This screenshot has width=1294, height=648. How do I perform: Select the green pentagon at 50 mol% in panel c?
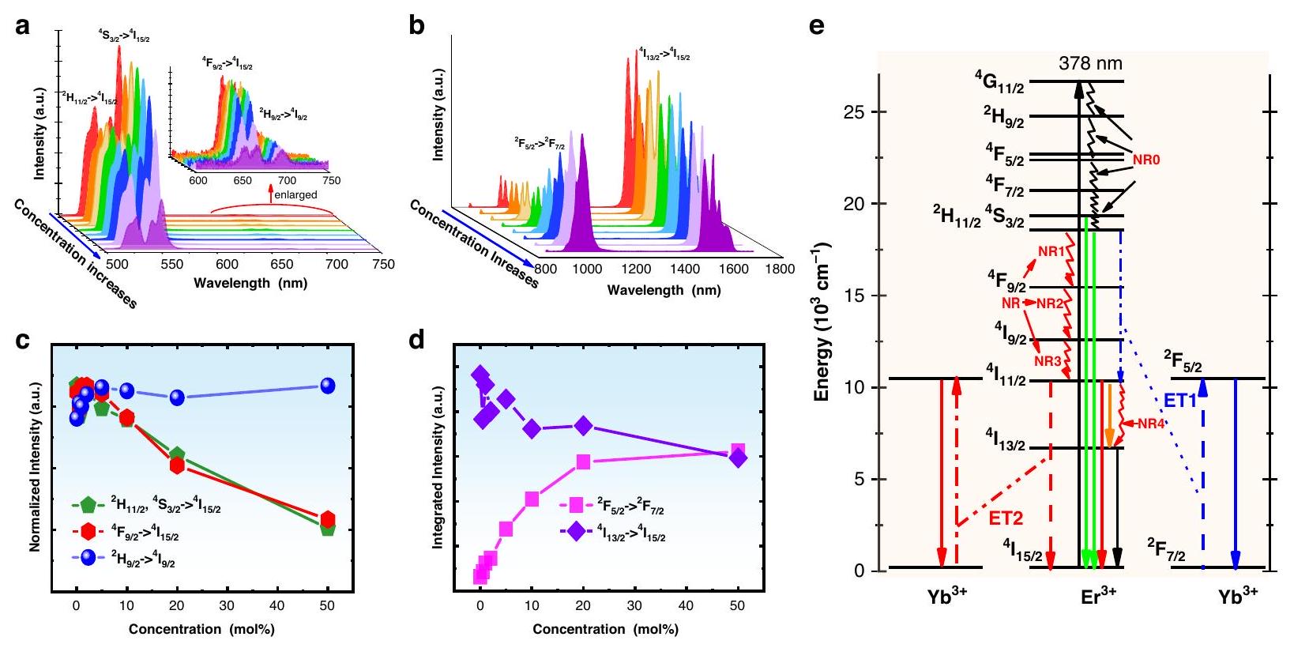(328, 528)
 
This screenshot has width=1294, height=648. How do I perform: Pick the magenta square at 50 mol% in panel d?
(738, 450)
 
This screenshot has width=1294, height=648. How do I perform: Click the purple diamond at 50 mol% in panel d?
(738, 458)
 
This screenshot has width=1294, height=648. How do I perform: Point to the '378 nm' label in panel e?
(1090, 64)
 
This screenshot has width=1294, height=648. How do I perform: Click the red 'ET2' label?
(1006, 518)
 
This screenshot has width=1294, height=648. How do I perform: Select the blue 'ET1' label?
(1180, 401)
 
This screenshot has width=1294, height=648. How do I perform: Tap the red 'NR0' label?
(1145, 160)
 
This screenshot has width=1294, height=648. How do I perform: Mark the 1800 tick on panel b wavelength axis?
(780, 269)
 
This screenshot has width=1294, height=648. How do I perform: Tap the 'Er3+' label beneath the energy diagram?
(1098, 597)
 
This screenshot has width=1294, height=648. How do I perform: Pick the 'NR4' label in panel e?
(1151, 424)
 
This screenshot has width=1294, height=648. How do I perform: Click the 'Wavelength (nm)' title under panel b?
(664, 290)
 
